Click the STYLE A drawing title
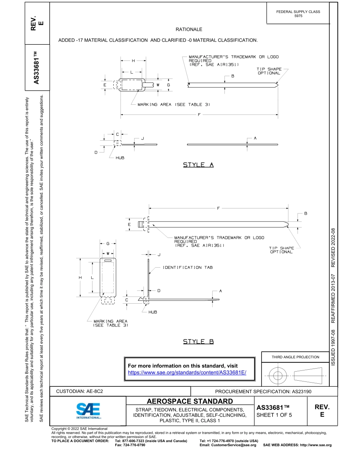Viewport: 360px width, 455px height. [199, 165]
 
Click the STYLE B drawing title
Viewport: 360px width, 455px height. [199, 342]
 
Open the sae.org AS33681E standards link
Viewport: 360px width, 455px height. [187, 373]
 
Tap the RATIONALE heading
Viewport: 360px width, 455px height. [189, 29]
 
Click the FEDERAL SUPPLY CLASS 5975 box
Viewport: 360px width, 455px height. [298, 14]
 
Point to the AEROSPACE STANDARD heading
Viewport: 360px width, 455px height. [190, 401]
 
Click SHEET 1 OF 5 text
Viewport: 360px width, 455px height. [274, 415]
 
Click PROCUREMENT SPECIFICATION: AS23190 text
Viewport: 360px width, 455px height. [263, 391]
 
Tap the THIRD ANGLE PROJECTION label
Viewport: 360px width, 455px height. [295, 357]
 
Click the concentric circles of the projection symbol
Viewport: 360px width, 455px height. [278, 376]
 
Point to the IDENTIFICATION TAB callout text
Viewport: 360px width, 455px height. [188, 268]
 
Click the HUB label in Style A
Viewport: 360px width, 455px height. [120, 158]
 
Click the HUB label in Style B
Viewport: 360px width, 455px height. [153, 312]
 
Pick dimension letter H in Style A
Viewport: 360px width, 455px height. [133, 61]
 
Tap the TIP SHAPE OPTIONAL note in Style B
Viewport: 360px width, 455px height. [281, 250]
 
